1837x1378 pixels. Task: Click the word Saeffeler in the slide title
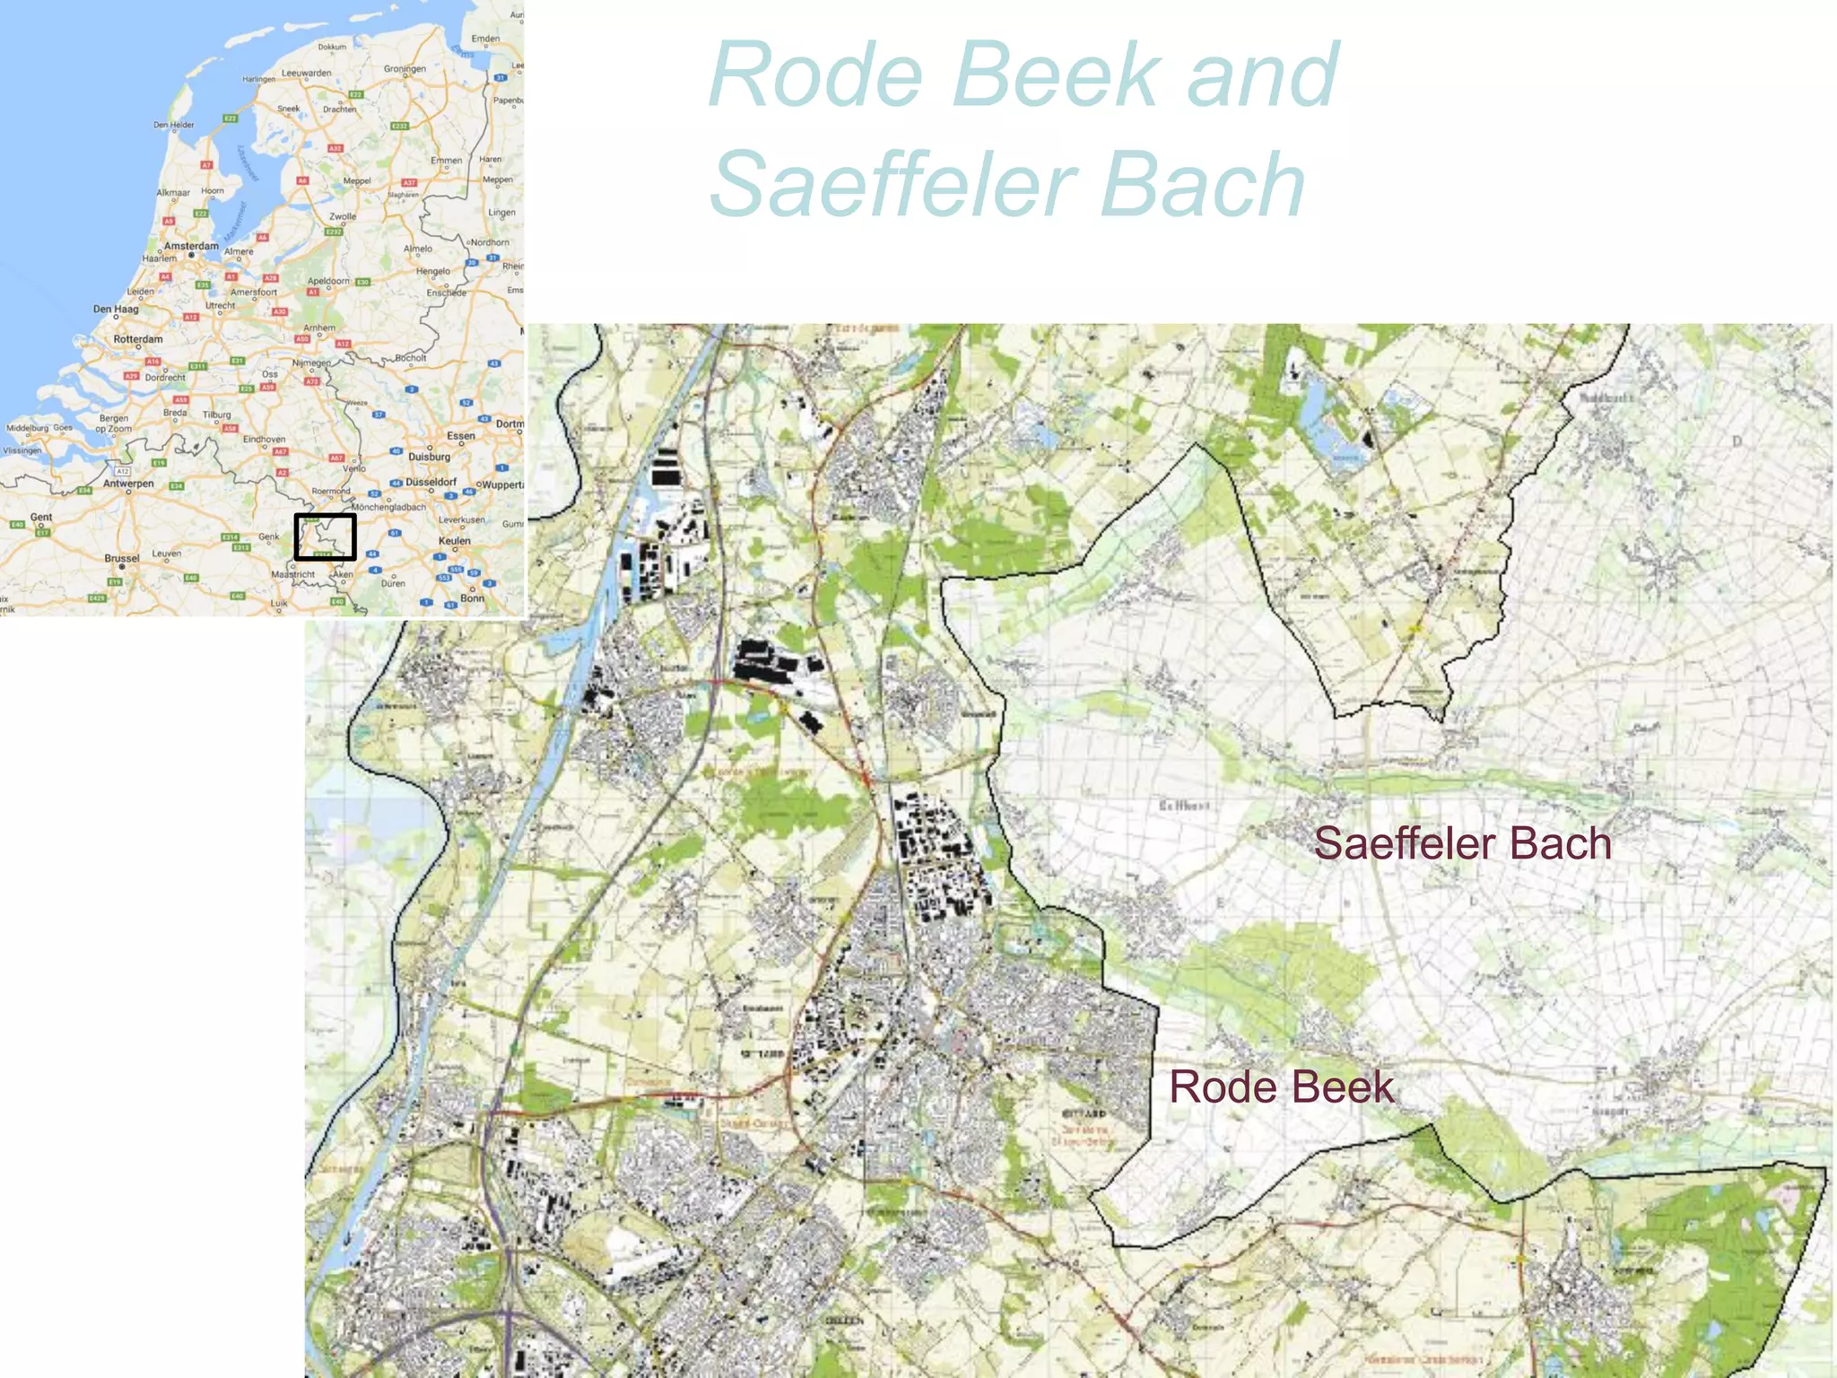point(893,185)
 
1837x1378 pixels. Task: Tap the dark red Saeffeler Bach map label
point(1462,844)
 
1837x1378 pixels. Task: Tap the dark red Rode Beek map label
point(1281,1087)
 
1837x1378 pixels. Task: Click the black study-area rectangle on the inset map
point(326,536)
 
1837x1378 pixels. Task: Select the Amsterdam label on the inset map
point(191,246)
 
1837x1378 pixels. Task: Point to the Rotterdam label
point(138,339)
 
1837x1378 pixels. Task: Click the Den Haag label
point(116,310)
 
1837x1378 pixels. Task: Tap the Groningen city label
point(405,69)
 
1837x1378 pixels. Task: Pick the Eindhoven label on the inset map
point(264,440)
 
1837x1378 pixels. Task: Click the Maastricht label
point(293,574)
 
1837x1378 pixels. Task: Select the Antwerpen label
point(128,484)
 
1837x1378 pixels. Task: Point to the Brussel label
point(122,558)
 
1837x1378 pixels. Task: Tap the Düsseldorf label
point(431,482)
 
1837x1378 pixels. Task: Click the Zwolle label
point(343,216)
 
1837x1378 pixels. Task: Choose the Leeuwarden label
point(306,74)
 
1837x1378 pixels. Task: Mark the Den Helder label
point(173,125)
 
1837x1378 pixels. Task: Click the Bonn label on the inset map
point(472,598)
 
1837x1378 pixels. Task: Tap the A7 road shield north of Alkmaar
point(206,165)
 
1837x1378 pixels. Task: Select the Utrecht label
point(220,305)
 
